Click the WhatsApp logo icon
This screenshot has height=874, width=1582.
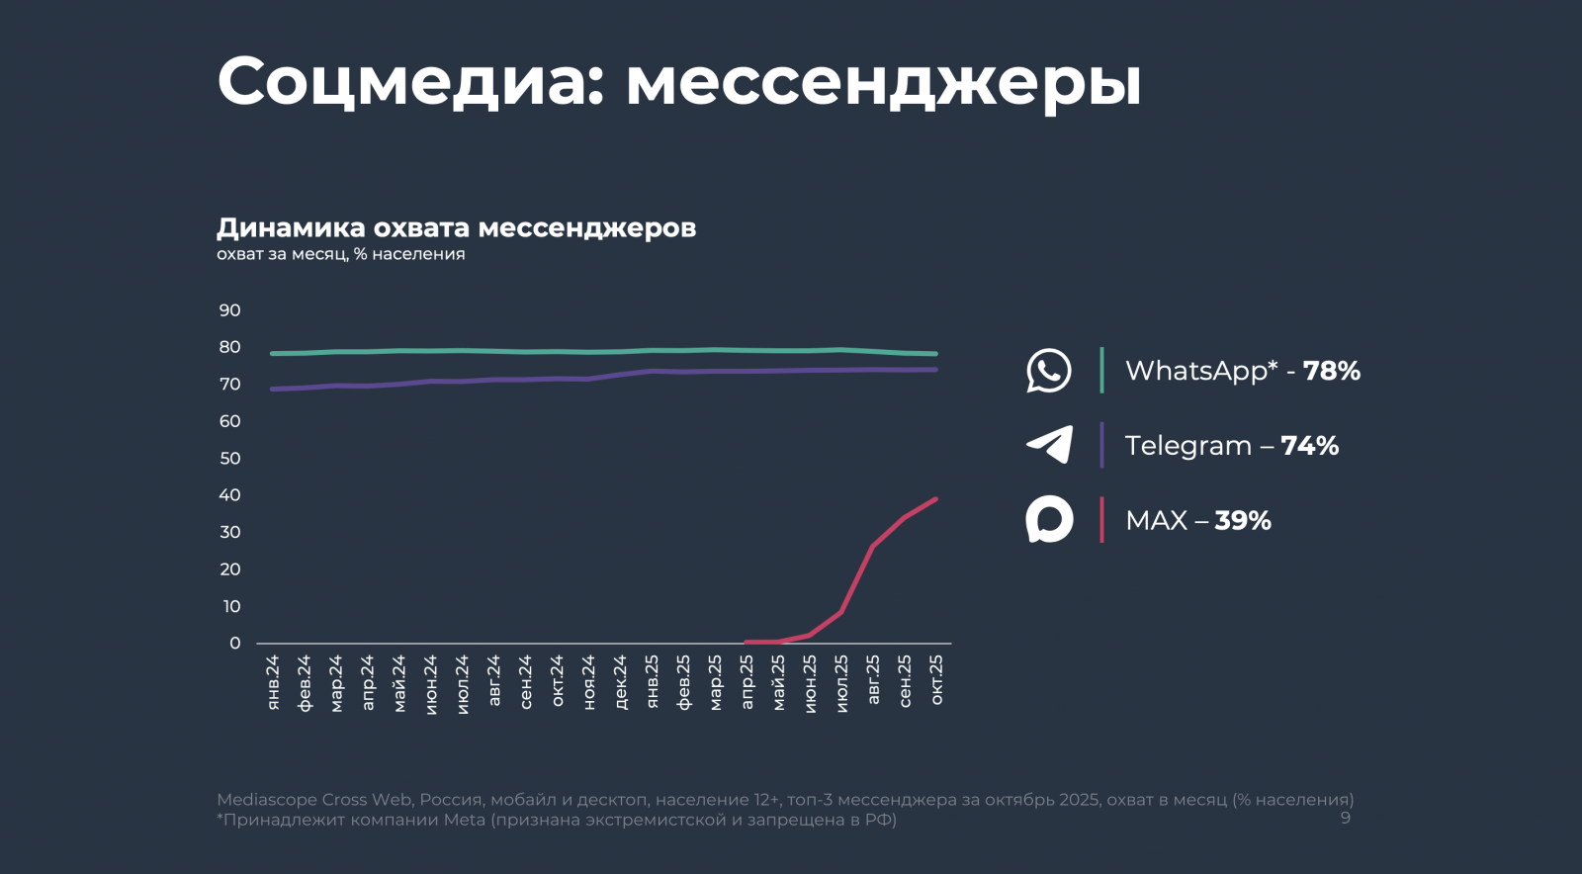click(1049, 371)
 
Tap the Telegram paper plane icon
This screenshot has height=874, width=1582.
click(1050, 445)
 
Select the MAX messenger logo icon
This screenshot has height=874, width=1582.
click(1049, 519)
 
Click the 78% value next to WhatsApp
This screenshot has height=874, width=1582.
click(1331, 371)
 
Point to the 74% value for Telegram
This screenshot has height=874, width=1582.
click(1309, 446)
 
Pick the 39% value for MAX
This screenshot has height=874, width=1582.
click(1243, 521)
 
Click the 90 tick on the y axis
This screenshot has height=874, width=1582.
click(230, 310)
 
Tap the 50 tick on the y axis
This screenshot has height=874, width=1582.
click(230, 459)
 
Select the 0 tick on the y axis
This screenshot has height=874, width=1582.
click(235, 644)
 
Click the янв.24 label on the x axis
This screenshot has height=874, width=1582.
click(273, 681)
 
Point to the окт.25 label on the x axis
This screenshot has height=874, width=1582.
click(936, 679)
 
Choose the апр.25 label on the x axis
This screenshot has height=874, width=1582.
click(747, 681)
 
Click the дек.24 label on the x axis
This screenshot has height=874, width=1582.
click(621, 681)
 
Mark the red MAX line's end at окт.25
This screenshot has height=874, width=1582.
click(935, 499)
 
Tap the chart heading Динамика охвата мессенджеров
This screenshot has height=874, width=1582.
click(456, 228)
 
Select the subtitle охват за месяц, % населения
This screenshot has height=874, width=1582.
click(340, 254)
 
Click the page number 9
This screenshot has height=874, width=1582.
click(1345, 818)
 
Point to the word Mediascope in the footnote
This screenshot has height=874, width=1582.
click(266, 800)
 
